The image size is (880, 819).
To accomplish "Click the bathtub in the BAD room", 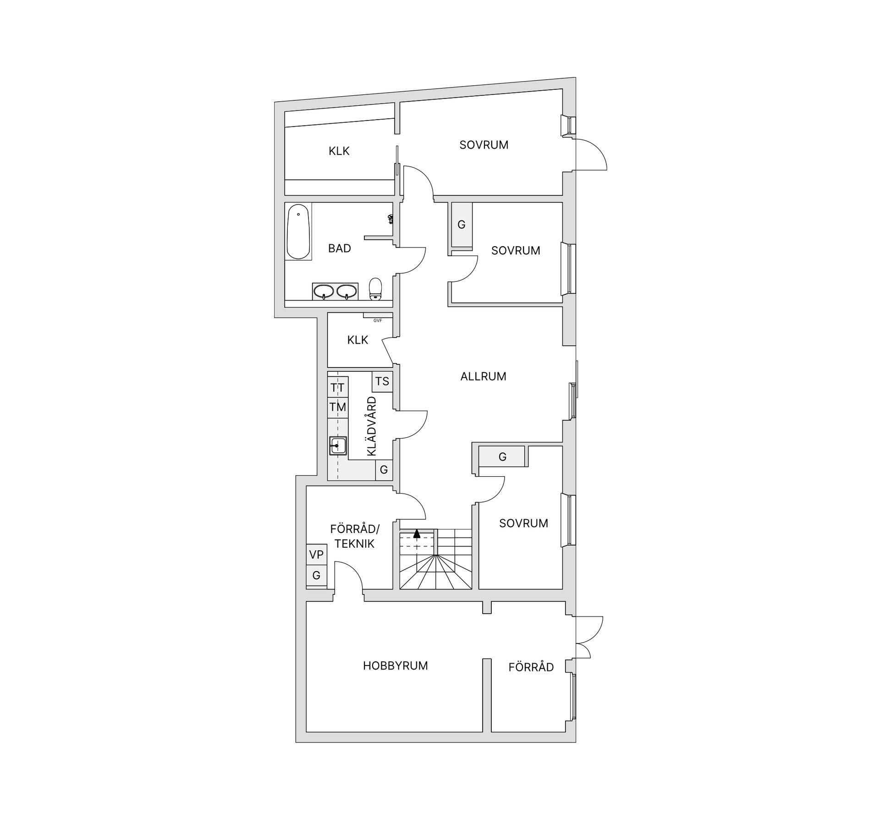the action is [x=298, y=231].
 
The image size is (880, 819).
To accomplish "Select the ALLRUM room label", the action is [x=483, y=376].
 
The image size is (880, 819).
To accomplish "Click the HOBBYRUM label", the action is [x=396, y=666].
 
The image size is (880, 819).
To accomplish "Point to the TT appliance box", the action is [x=338, y=387].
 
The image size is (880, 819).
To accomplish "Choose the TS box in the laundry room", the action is [x=382, y=381].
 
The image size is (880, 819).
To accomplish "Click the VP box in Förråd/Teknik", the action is [x=316, y=555].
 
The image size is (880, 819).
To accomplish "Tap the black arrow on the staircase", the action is [x=417, y=533].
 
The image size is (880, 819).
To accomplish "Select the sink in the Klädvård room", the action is [x=338, y=445].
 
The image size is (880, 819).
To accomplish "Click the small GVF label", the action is [x=378, y=320].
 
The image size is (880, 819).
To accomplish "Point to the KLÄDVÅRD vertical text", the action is [x=372, y=426].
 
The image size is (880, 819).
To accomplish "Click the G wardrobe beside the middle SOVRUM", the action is [x=462, y=225].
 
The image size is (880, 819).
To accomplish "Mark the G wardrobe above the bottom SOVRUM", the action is [x=502, y=457].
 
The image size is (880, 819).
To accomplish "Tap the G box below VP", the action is [x=316, y=576].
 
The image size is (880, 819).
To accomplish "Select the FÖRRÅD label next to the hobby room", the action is [x=531, y=667].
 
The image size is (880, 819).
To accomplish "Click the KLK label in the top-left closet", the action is [x=339, y=151].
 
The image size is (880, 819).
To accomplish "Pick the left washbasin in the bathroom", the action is [x=324, y=291].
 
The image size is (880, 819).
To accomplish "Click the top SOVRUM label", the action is [x=484, y=145].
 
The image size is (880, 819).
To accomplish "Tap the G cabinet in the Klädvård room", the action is [x=384, y=470].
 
